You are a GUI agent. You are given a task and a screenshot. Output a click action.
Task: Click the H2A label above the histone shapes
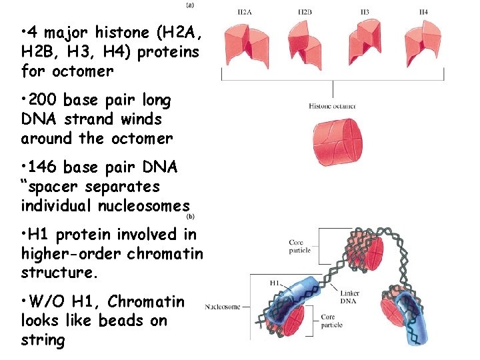click(x=245, y=13)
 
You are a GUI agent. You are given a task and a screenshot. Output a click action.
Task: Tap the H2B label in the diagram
click(x=305, y=13)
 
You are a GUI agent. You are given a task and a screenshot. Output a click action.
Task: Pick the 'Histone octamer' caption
click(x=332, y=106)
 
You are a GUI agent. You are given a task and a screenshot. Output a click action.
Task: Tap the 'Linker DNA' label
click(x=350, y=297)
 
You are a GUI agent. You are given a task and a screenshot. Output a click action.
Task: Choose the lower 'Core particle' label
click(x=331, y=321)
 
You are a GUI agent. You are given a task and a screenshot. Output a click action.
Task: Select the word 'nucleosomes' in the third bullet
click(x=143, y=206)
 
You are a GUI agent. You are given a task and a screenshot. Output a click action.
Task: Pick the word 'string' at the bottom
click(x=43, y=341)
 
